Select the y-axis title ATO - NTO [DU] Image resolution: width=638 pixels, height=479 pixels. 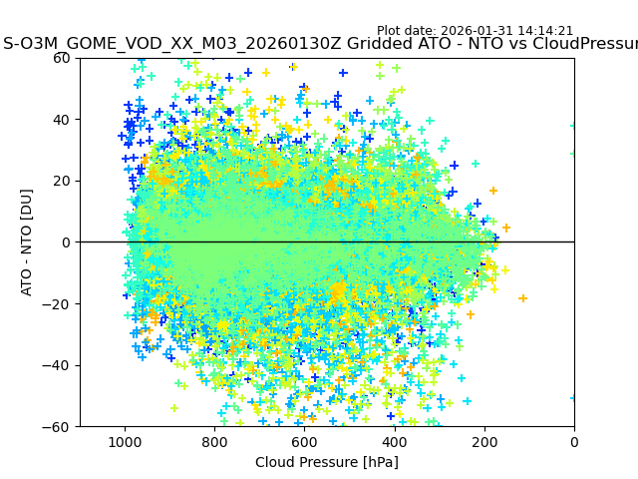28,242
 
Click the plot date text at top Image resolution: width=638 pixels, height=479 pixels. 475,31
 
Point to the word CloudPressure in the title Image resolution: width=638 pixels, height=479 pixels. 577,45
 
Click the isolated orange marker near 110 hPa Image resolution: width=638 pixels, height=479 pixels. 522,298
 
